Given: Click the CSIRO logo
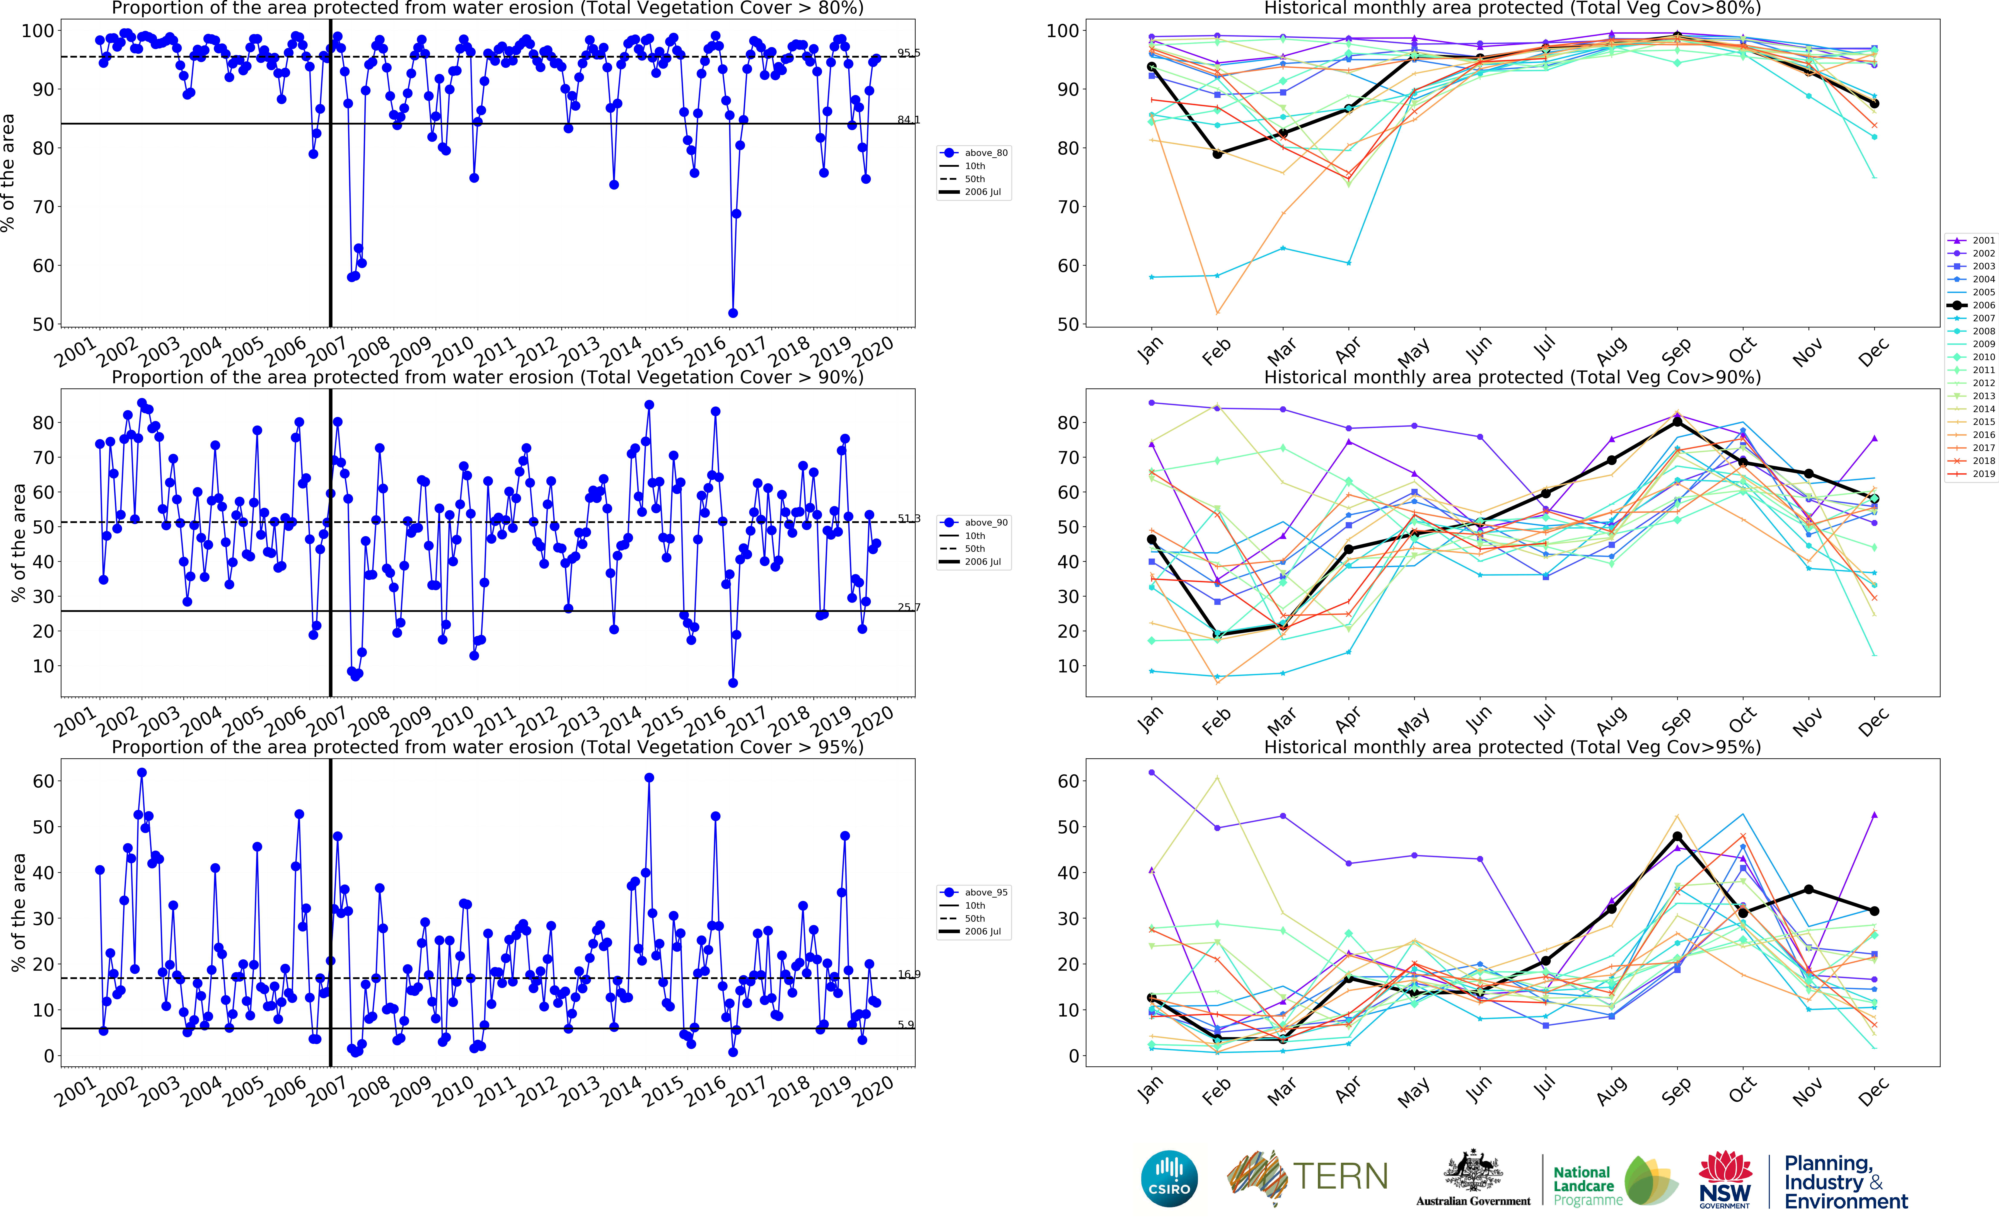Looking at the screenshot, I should [1169, 1178].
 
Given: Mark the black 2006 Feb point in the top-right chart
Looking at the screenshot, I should [1217, 154].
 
